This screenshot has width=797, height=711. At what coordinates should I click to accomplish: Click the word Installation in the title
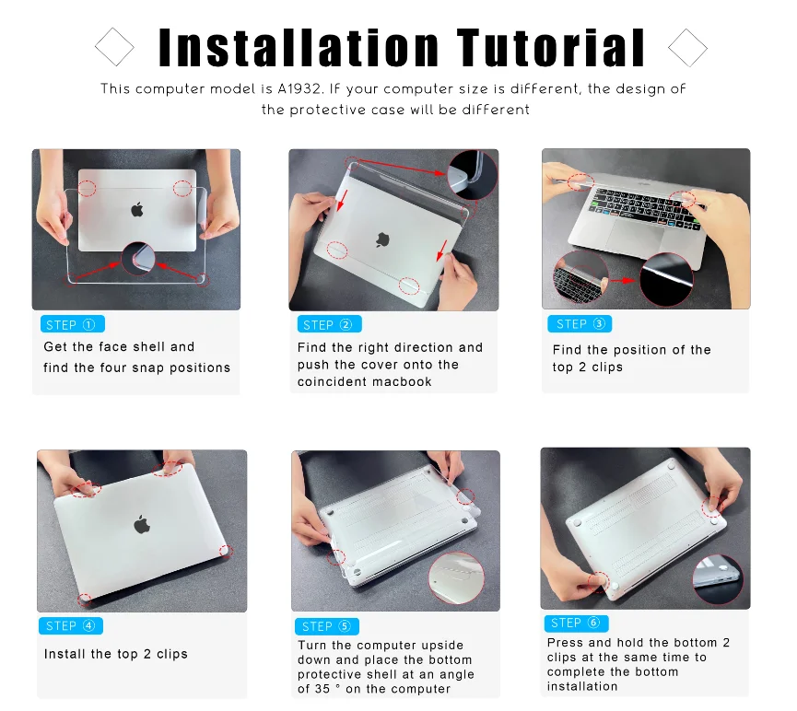[x=299, y=47]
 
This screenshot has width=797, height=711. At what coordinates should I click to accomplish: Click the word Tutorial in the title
[x=551, y=47]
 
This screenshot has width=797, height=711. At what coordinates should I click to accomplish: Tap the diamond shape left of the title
[x=114, y=47]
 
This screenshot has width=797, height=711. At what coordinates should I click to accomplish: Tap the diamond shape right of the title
[x=687, y=47]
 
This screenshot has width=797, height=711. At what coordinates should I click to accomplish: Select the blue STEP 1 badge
[x=73, y=324]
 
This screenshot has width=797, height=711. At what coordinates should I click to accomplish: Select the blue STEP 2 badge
[x=329, y=324]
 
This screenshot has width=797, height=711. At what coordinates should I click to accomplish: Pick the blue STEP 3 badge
[x=580, y=324]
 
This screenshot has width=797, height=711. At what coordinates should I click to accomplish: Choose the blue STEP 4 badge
[x=71, y=625]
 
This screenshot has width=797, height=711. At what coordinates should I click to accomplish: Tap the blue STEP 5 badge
[x=327, y=626]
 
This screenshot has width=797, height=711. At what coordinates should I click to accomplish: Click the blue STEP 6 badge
[x=577, y=623]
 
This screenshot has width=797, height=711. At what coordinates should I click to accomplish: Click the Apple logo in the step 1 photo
[x=137, y=209]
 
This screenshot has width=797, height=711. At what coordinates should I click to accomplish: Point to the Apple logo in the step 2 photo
[x=382, y=239]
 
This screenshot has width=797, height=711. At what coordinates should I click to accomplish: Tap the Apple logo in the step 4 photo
[x=142, y=524]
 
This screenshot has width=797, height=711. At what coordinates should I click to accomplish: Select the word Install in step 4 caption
[x=65, y=654]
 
